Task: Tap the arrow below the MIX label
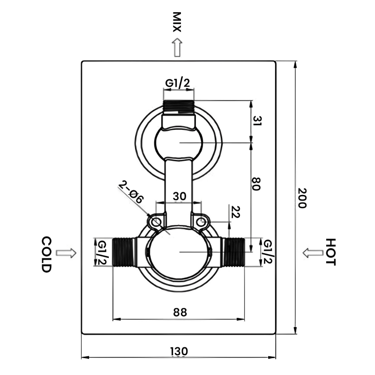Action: point(177,48)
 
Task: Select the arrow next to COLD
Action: point(66,253)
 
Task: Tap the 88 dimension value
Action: point(180,311)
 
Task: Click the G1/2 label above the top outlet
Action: point(177,83)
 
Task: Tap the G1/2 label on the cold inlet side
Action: point(102,252)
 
